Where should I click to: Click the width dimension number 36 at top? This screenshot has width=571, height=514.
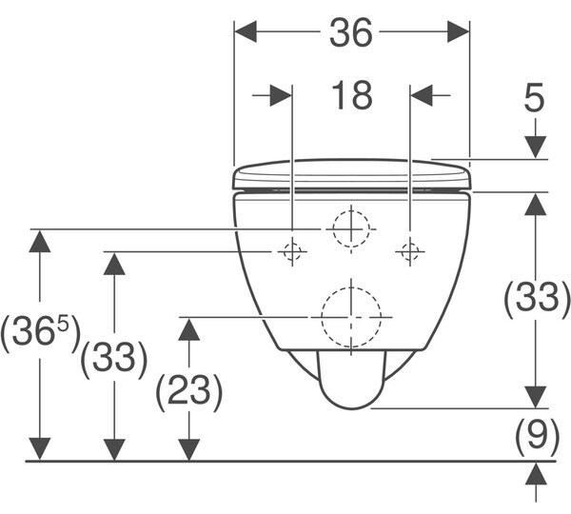click(x=351, y=32)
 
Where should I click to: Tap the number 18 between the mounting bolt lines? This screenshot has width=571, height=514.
click(x=352, y=95)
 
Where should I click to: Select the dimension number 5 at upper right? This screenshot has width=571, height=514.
click(x=534, y=97)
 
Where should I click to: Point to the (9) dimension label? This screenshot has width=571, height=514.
click(x=537, y=435)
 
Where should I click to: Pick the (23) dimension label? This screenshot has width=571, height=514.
click(x=188, y=391)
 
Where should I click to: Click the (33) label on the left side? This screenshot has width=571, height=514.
click(x=114, y=359)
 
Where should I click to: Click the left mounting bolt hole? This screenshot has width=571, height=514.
click(x=292, y=251)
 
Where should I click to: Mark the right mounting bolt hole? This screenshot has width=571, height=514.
click(x=410, y=251)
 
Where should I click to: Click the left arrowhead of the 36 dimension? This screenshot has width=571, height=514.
click(x=246, y=31)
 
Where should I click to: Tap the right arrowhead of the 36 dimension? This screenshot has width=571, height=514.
click(x=458, y=31)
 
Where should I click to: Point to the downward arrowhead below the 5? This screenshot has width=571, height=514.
click(x=535, y=148)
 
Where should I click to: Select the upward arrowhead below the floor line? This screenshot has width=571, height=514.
click(x=536, y=474)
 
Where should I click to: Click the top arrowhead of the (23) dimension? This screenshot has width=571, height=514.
click(x=189, y=329)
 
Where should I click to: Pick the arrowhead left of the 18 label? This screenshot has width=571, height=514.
click(x=281, y=95)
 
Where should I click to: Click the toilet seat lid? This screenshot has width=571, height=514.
click(x=352, y=174)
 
